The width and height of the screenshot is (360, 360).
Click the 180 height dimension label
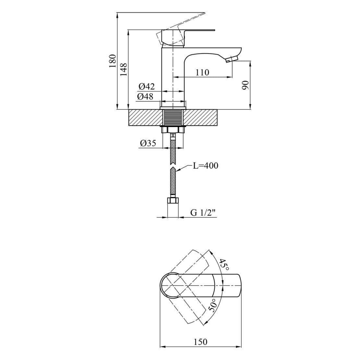(112, 61)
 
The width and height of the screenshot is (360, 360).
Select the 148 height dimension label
(124, 69)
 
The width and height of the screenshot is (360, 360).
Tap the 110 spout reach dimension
(202, 72)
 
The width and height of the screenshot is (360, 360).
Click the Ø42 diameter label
(146, 87)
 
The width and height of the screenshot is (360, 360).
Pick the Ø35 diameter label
(148, 143)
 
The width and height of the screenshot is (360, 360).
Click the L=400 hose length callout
(205, 166)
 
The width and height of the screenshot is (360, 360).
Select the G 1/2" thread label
(203, 213)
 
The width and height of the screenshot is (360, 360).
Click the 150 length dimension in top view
(200, 342)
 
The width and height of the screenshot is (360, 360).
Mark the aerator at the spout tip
(232, 59)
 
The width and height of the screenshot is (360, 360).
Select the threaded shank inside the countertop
(173, 117)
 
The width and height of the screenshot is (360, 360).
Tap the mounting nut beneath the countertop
(173, 129)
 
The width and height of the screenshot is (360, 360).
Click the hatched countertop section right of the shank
(201, 117)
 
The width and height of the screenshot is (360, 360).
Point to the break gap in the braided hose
(173, 166)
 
